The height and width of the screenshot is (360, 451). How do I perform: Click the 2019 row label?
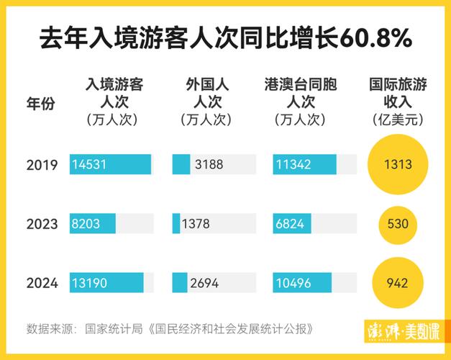point(42,165)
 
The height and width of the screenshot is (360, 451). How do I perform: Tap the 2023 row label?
point(42,224)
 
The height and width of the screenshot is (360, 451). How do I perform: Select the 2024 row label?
point(42,283)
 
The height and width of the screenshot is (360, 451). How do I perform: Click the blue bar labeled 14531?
point(110,165)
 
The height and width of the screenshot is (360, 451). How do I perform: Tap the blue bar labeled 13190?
point(106,283)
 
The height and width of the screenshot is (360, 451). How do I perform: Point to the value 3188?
point(209,165)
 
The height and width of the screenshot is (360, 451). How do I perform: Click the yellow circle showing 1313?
point(397,165)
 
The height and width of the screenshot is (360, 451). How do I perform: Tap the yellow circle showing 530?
point(397,224)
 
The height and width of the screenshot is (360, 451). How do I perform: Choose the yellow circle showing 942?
point(397,283)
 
